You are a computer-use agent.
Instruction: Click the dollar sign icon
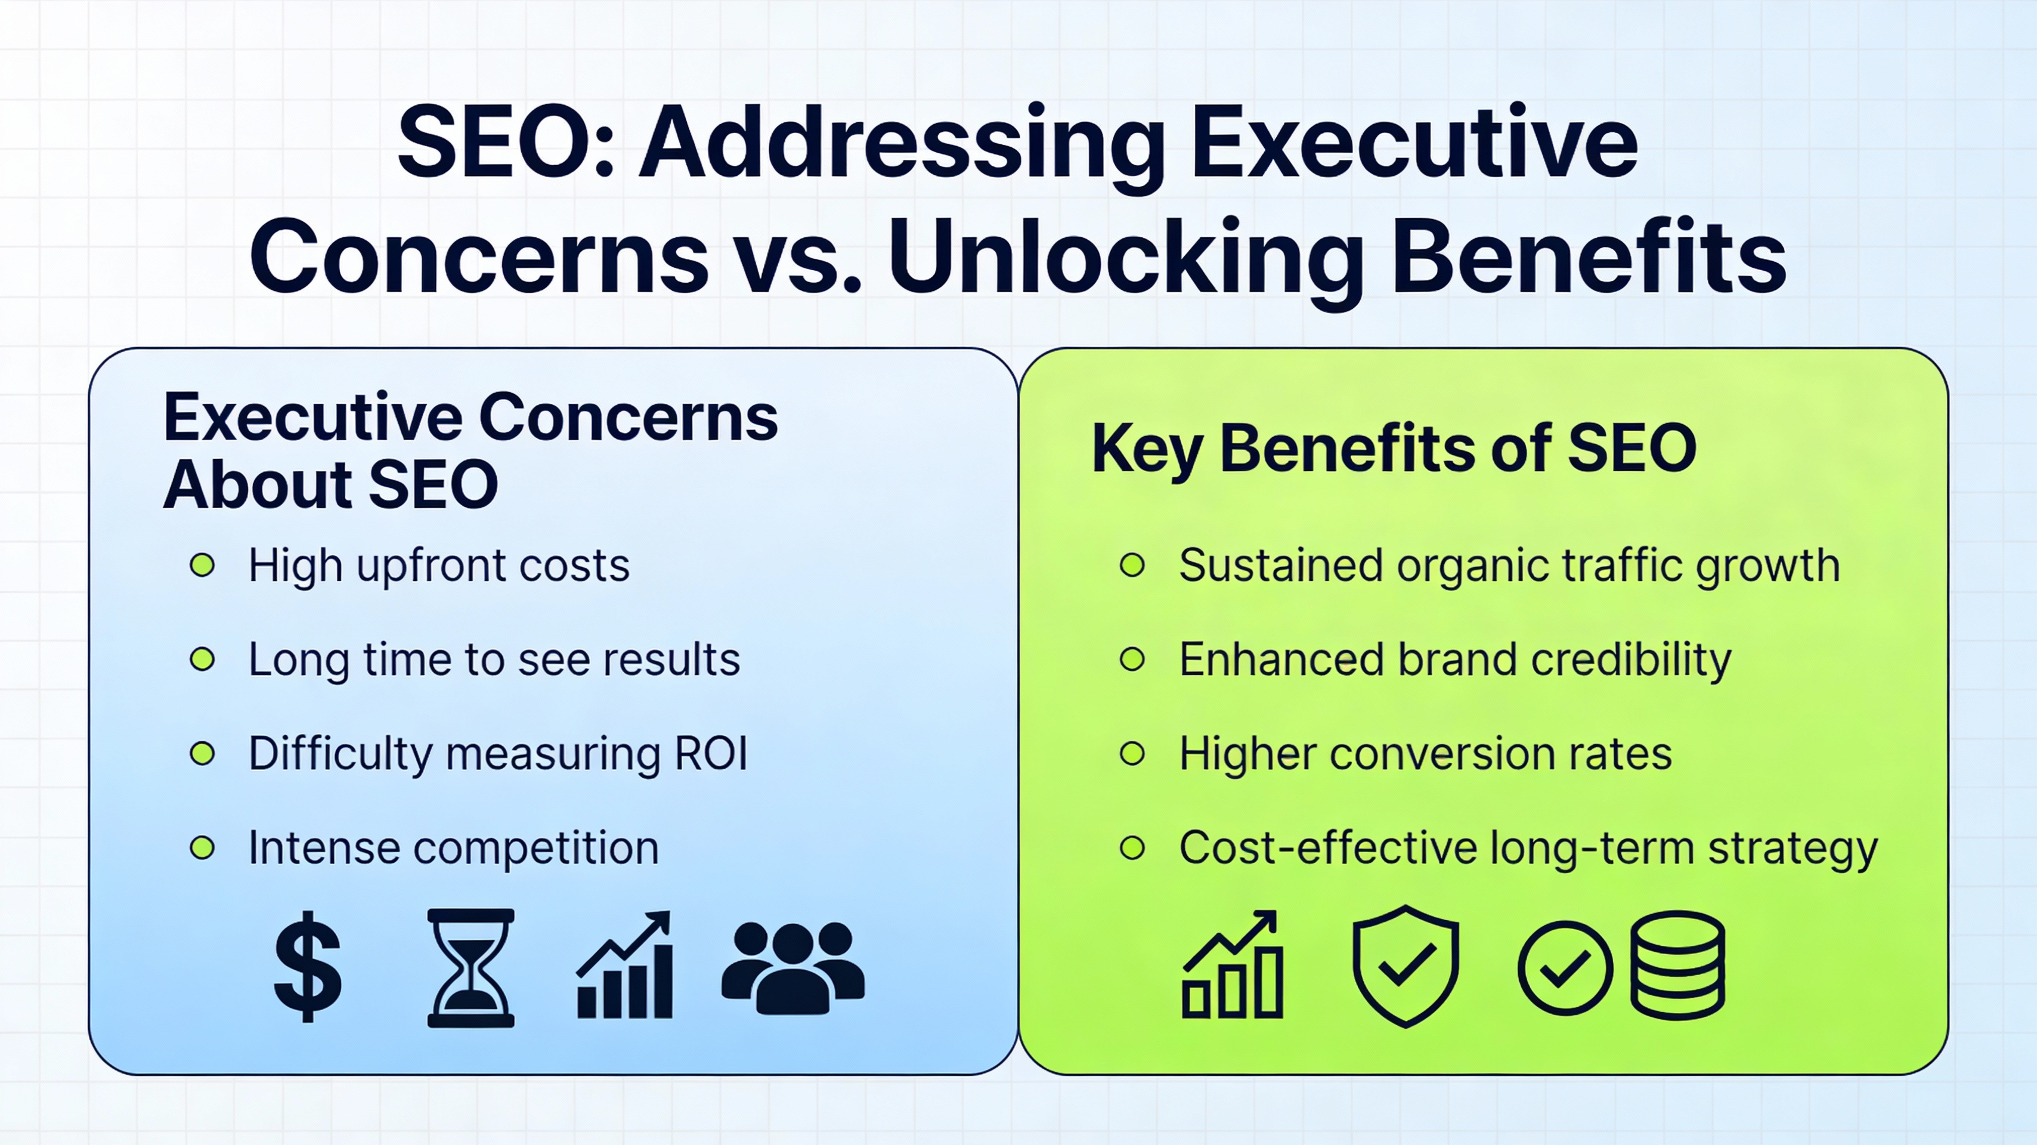click(308, 966)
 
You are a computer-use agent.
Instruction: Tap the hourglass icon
click(470, 968)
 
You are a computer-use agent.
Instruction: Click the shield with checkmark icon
click(1405, 966)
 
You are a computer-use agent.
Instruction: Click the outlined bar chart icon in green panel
click(1233, 966)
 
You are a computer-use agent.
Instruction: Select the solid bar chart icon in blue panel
click(626, 966)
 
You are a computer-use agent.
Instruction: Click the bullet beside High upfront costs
click(202, 565)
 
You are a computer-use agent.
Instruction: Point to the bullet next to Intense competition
click(202, 847)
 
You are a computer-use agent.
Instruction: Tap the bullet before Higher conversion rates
click(1132, 754)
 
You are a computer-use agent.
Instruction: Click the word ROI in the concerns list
click(710, 754)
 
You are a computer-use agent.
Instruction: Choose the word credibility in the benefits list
click(1630, 660)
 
